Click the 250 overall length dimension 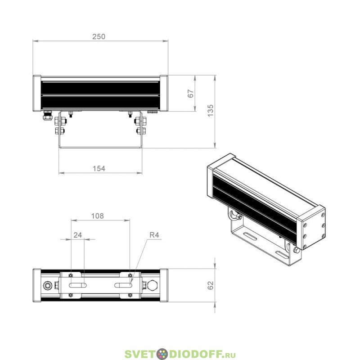(99, 37)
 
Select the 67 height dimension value (191, 94)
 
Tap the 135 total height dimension (210, 111)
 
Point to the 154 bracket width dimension (99, 169)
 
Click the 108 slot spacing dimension (98, 216)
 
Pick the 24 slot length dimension (77, 235)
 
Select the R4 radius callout (154, 235)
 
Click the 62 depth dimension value (210, 285)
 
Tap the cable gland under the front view (47, 116)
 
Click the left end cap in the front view (37, 93)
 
